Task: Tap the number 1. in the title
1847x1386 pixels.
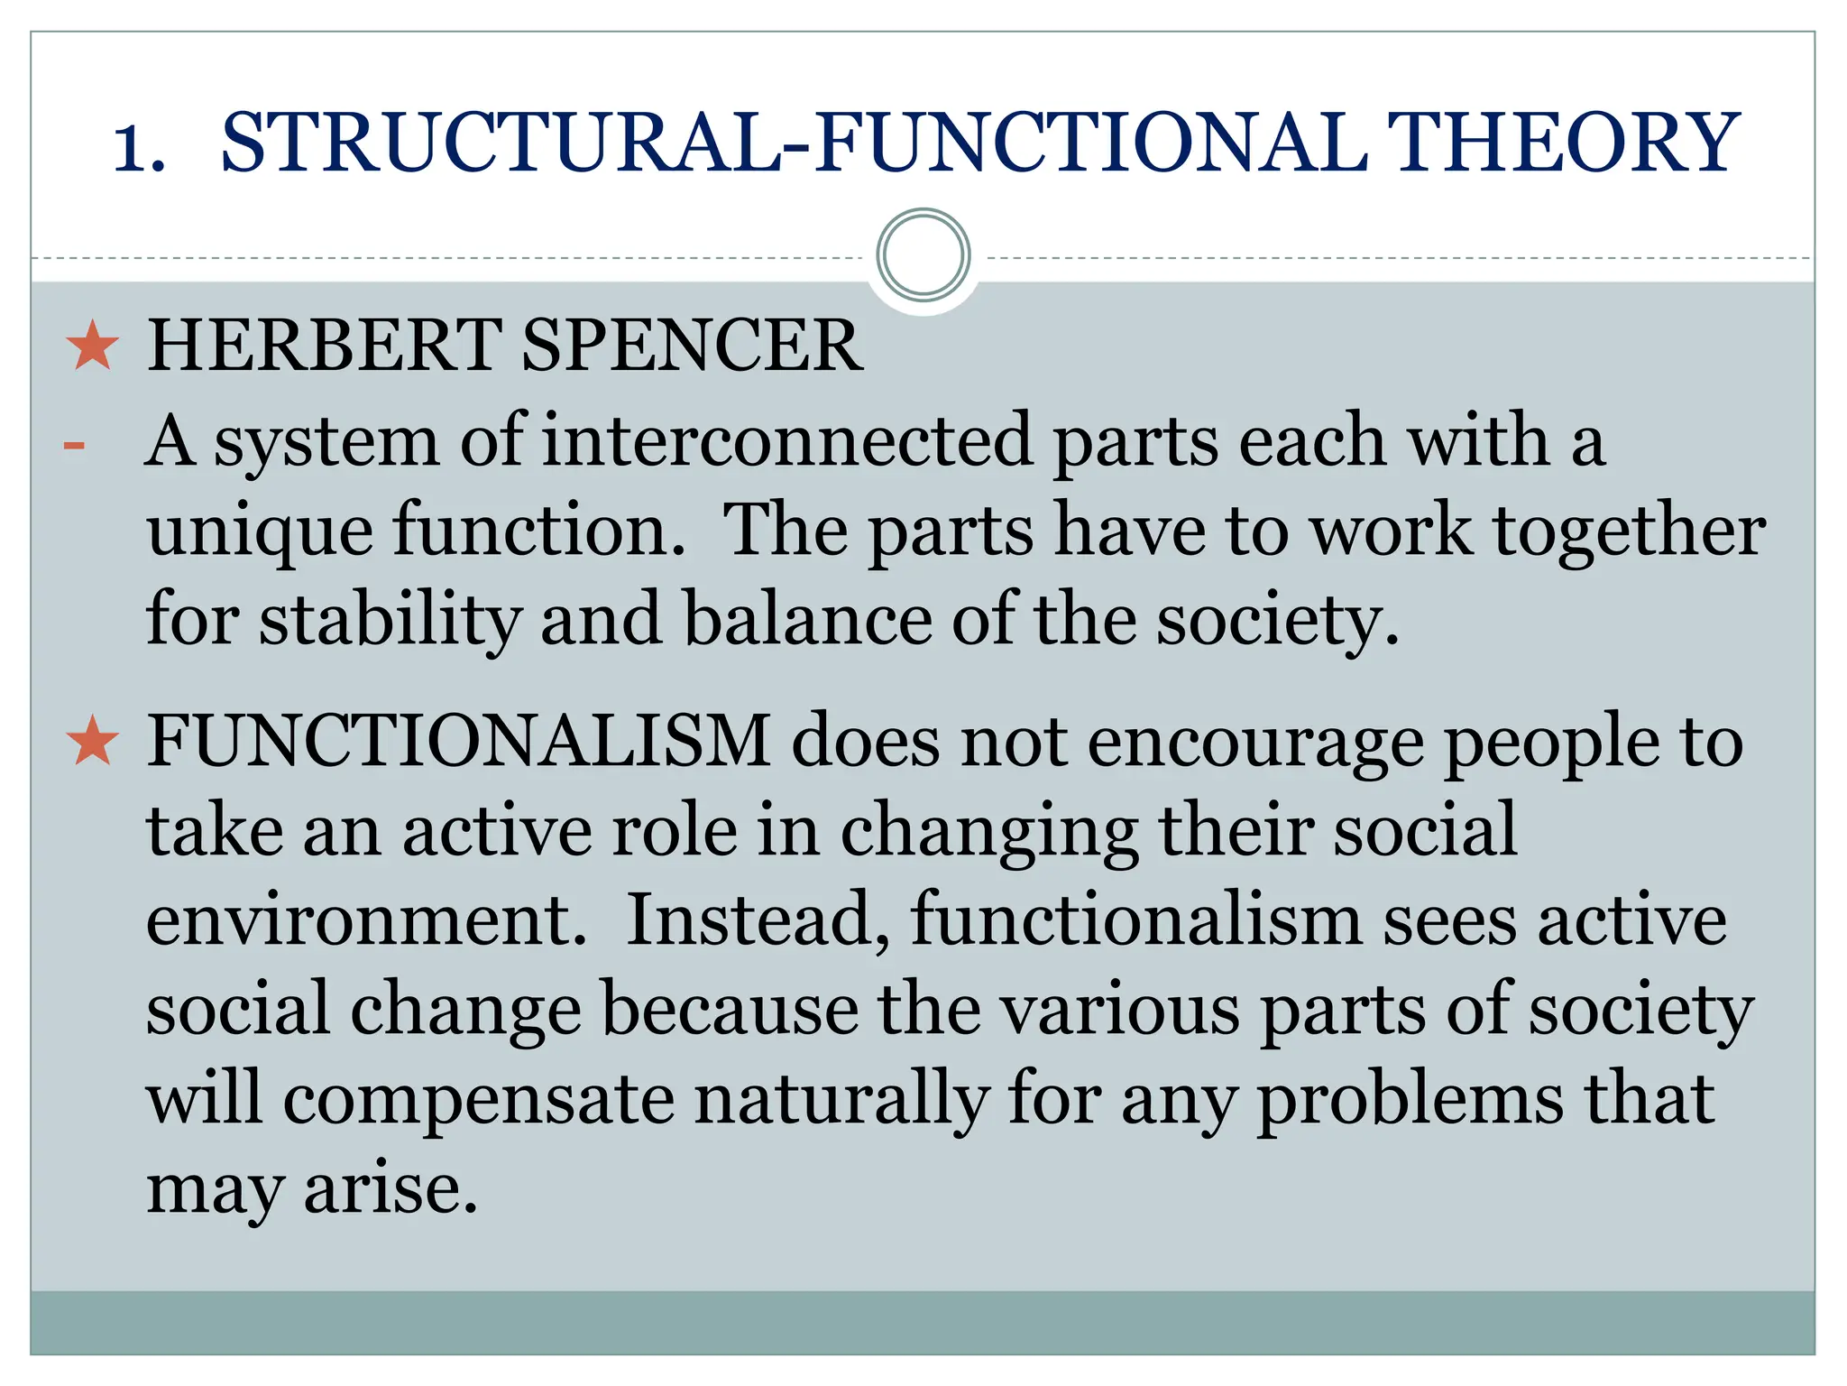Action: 139,146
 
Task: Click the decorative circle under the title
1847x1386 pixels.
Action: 923,255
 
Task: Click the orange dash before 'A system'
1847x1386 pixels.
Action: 75,446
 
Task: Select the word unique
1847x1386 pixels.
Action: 260,531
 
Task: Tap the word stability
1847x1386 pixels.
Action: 390,621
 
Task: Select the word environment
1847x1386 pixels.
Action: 366,919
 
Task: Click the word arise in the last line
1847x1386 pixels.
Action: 390,1188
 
